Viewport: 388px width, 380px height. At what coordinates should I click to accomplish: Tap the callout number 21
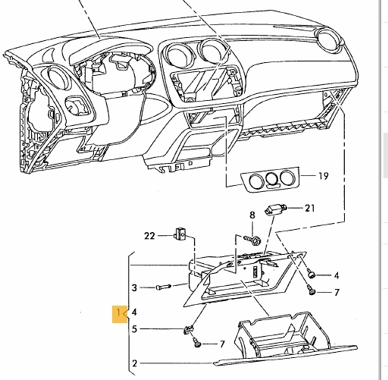tap(308, 207)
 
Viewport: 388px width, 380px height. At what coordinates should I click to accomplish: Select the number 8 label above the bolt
tap(252, 216)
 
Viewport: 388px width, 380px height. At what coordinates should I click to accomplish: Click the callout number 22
tap(149, 236)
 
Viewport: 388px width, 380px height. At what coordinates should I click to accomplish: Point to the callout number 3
tap(135, 287)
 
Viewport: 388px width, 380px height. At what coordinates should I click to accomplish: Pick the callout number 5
tap(135, 329)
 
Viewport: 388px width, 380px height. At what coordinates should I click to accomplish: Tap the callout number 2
tap(135, 363)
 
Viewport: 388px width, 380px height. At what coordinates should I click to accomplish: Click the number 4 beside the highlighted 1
tap(135, 312)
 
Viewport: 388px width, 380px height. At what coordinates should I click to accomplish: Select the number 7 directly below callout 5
tap(222, 344)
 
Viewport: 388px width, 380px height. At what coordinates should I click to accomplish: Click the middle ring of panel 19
tap(269, 180)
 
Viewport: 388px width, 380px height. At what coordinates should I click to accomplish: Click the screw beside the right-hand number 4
tap(311, 274)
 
